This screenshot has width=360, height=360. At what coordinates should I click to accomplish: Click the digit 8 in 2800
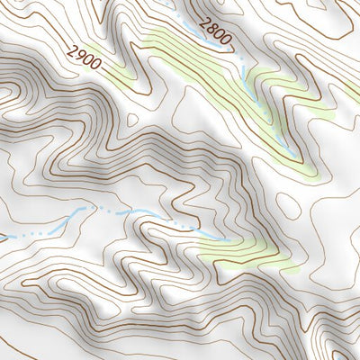[212, 30]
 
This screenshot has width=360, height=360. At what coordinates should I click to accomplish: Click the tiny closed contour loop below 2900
[132, 118]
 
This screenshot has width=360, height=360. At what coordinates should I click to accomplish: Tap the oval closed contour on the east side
[289, 205]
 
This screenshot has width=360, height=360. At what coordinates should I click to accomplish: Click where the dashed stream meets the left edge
[2, 239]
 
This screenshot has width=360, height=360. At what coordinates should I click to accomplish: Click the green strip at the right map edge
[351, 90]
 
